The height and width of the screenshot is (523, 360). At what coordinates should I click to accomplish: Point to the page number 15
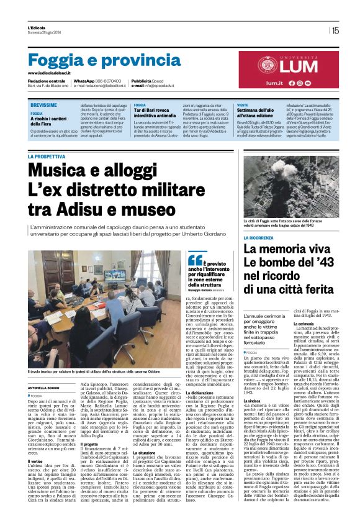click(x=335, y=30)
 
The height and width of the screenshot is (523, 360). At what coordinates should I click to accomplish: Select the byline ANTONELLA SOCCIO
click(x=42, y=388)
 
